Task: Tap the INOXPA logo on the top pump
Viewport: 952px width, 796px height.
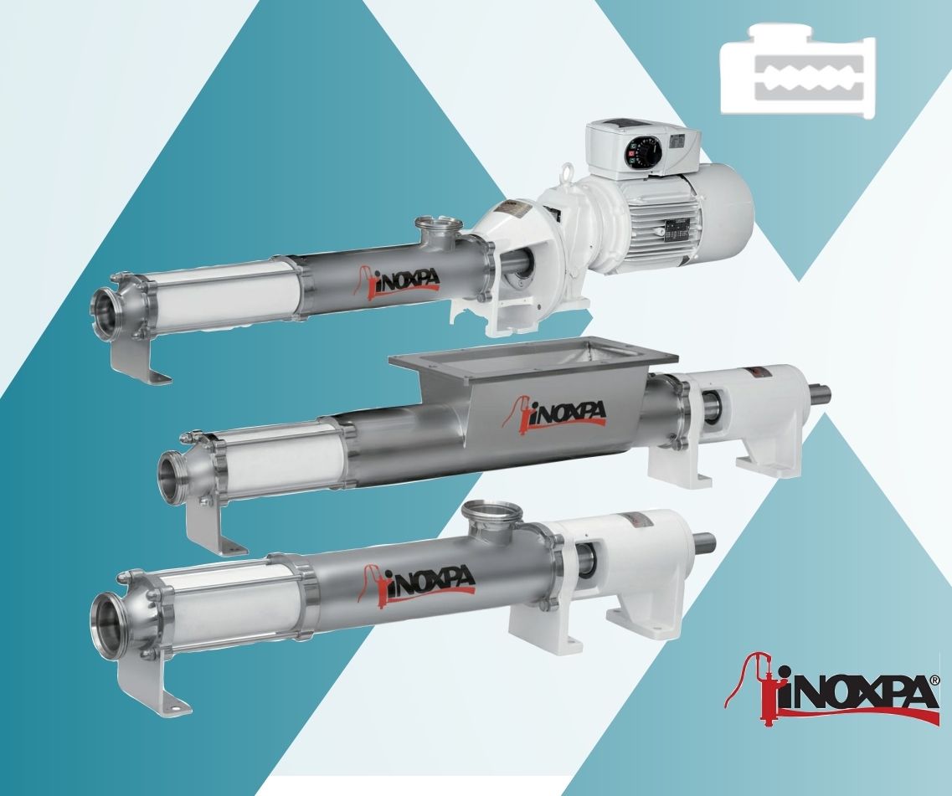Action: click(399, 279)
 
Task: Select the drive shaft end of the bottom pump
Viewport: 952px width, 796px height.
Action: click(705, 542)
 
